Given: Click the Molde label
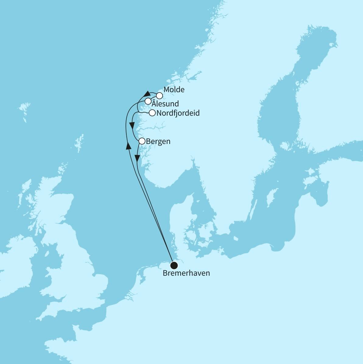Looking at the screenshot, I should pos(174,90).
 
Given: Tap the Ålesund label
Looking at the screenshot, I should pos(165,103).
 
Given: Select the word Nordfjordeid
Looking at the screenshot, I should pos(178,113).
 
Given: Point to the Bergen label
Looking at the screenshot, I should pos(158,142).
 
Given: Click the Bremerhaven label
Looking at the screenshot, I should pos(186,273).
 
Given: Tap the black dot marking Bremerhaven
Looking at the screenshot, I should pos(174,265).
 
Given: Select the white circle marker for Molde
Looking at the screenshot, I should pos(159,95).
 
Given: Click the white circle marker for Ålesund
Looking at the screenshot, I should pos(148,101).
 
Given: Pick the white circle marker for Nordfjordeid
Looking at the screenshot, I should pos(152,113).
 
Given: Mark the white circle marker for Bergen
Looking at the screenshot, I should pos(142,141).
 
